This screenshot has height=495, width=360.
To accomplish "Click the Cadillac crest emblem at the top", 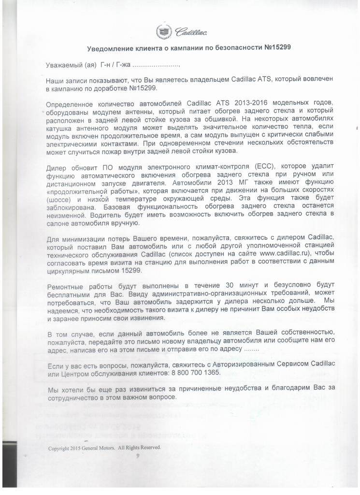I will coord(163,32).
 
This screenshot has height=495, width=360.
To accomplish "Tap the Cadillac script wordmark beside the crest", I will coord(191,32).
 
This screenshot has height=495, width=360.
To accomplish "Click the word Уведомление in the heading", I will coord(109,48).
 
